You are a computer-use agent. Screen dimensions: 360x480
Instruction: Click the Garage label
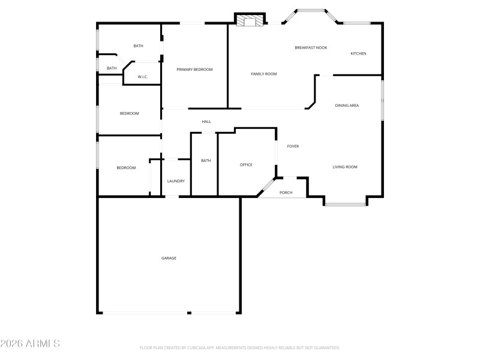169,258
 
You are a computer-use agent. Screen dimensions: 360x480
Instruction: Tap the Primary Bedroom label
194,70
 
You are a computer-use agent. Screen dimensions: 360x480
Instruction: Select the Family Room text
263,74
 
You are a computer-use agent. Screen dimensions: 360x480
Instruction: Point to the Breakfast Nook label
311,47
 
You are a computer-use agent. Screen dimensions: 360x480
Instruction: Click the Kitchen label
358,53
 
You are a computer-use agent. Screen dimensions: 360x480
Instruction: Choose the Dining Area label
347,106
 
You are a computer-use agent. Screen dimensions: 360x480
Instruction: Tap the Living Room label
345,167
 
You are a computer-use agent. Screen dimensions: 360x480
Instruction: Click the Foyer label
293,146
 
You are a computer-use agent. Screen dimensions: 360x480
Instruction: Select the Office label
246,164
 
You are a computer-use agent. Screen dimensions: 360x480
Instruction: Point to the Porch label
286,193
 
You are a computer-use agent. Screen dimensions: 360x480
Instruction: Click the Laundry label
176,181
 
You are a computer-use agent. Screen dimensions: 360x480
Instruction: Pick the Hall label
206,122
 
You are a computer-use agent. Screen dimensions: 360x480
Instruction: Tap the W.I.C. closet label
143,77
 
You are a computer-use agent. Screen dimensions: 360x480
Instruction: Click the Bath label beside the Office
206,160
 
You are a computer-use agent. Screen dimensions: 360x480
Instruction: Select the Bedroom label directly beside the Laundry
126,168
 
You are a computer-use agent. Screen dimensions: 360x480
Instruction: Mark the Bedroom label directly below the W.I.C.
129,113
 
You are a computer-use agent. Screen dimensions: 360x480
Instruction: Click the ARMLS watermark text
30,344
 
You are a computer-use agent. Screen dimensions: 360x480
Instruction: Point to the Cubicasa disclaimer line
240,347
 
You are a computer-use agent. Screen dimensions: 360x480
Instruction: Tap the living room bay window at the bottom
346,205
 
